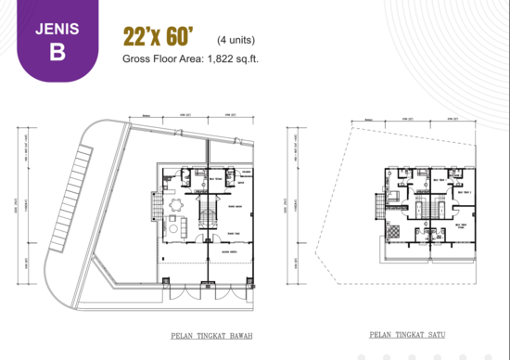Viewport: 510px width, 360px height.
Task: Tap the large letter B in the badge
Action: coord(57,52)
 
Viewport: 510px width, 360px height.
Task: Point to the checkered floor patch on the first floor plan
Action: coord(397,228)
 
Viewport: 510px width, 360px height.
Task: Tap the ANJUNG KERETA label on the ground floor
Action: coord(229,251)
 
